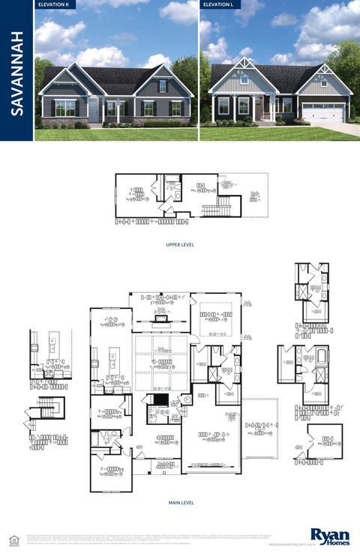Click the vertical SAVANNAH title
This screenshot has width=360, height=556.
coord(16,72)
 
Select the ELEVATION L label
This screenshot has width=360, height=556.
coord(217,4)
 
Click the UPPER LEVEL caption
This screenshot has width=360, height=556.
coord(180,244)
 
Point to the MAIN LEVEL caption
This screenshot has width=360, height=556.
coord(180,503)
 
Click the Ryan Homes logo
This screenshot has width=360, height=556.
coord(331,536)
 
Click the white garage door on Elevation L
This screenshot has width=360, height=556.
coord(323,113)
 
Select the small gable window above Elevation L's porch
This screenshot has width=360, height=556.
coord(244,78)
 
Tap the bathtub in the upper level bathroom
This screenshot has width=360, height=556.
coord(172,179)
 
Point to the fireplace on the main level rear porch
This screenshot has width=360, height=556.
coord(159,318)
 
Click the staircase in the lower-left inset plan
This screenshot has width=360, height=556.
coord(46,408)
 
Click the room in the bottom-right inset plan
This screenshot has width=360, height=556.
coord(325,441)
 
